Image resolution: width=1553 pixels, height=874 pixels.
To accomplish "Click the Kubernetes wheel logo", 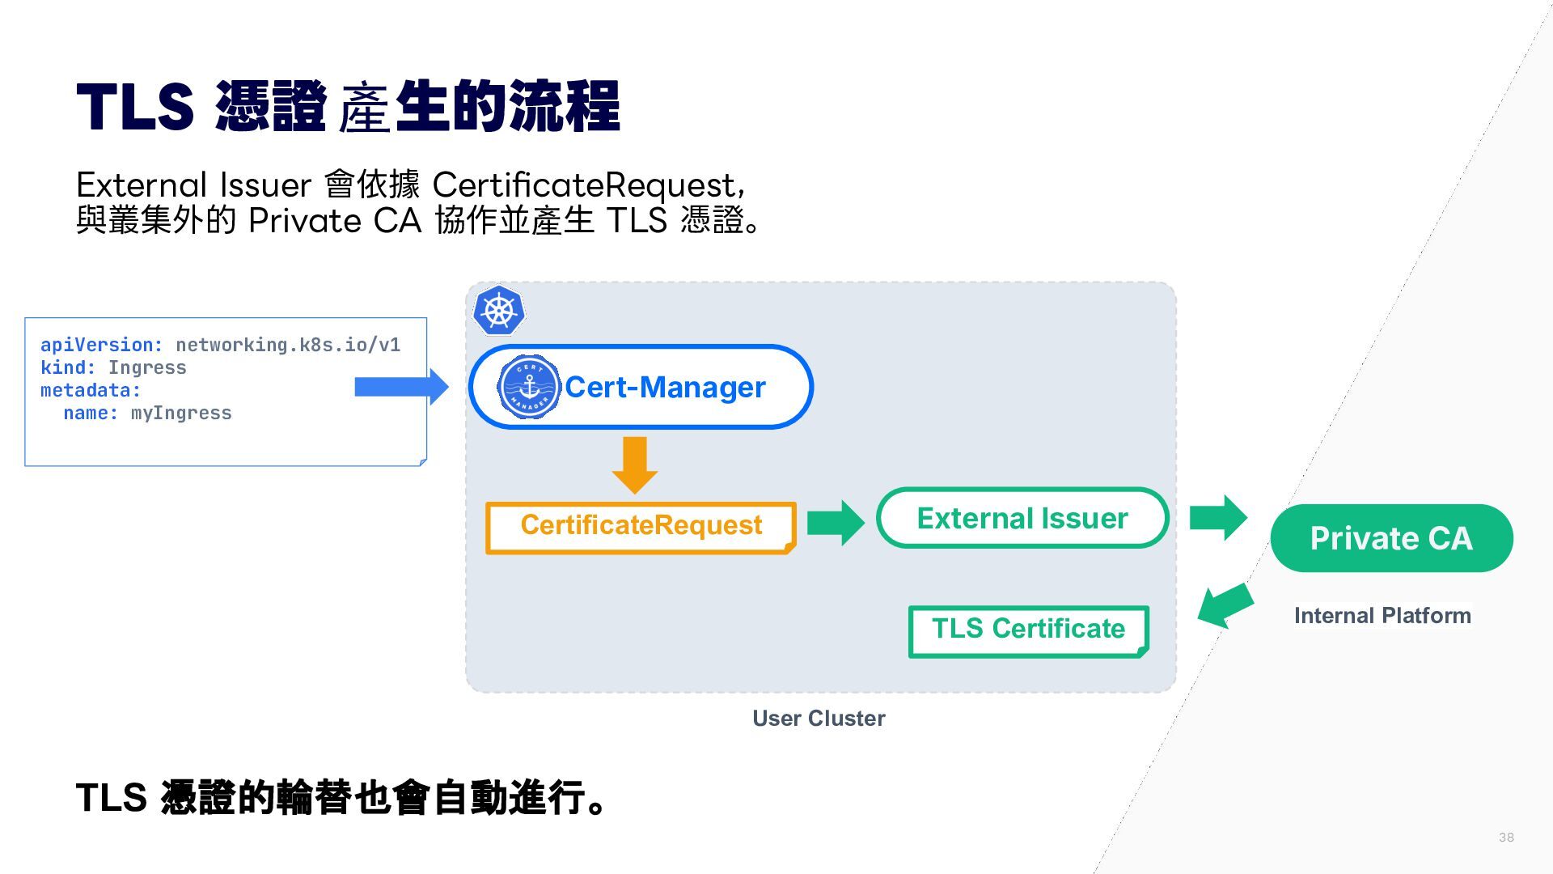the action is tap(499, 310).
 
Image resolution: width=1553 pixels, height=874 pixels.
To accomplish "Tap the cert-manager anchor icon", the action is tap(529, 387).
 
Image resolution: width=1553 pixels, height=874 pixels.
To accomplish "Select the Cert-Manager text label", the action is tap(665, 387).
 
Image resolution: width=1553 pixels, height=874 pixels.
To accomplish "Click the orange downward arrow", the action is tap(635, 465).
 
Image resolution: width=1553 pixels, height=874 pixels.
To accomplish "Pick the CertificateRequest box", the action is tap(641, 528).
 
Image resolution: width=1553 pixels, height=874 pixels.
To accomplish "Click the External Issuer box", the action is tap(1022, 518).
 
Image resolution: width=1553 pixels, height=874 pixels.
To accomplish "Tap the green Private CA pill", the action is tap(1391, 538).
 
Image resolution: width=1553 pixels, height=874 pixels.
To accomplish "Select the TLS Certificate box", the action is tap(1028, 631).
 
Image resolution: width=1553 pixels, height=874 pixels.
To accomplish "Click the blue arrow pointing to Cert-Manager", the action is tap(401, 387).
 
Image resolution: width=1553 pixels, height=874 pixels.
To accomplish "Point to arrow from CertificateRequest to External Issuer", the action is tap(836, 523).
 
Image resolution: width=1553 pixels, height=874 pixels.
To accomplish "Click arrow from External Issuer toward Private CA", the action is tap(1218, 518).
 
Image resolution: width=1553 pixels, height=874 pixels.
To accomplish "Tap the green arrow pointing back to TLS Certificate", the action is tap(1225, 605).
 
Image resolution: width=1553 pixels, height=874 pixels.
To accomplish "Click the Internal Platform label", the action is tap(1382, 616).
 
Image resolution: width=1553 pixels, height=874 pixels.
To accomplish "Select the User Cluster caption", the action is tap(819, 719).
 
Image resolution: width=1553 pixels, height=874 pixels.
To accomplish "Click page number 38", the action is tap(1506, 838).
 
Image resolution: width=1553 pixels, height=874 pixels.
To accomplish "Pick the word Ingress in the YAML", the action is tap(147, 368).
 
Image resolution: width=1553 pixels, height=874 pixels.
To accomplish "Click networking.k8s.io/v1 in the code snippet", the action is tap(288, 346).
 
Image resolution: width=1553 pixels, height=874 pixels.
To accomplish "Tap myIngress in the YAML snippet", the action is tap(181, 414).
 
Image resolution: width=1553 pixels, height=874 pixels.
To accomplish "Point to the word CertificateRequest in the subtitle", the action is tap(584, 186).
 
